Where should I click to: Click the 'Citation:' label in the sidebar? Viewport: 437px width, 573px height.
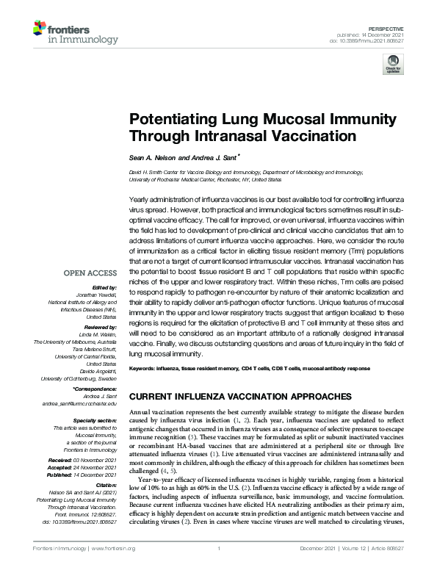tap(104, 486)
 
